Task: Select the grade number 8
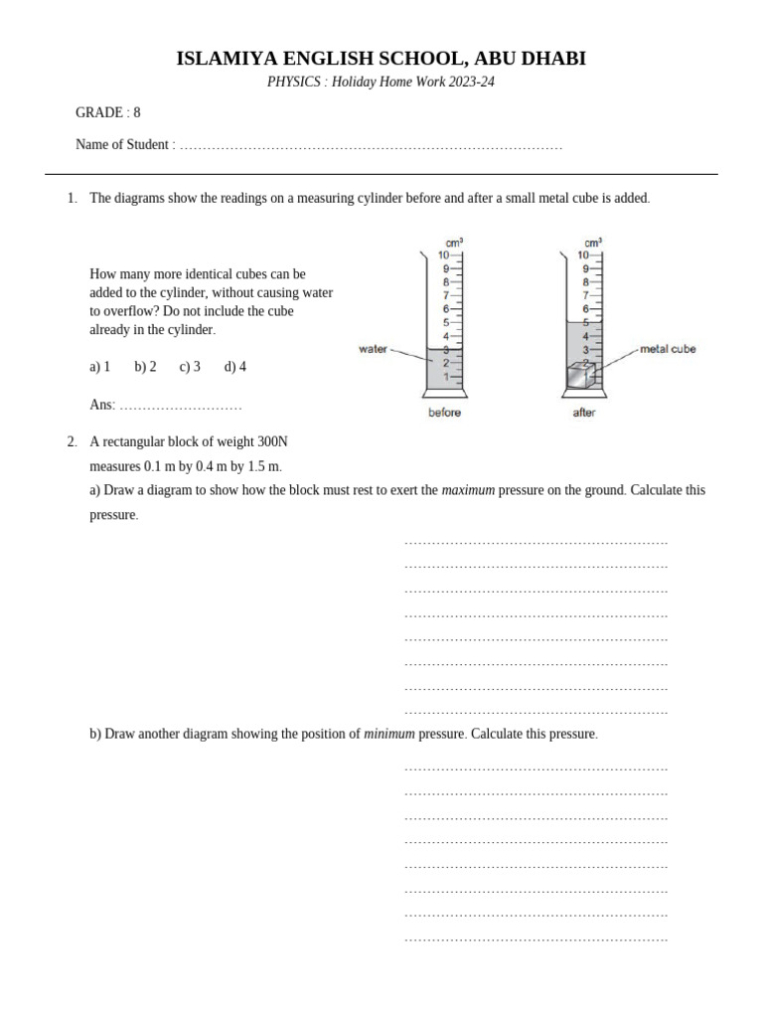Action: [x=137, y=112]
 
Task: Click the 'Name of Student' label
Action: [x=122, y=144]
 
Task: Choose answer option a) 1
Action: [x=100, y=367]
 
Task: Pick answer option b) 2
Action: [x=145, y=367]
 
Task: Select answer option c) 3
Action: [x=190, y=367]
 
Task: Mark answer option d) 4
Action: [x=235, y=367]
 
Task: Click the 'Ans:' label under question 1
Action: [x=102, y=405]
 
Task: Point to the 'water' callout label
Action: [x=372, y=349]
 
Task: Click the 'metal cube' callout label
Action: [x=668, y=349]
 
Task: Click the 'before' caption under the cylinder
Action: [x=444, y=413]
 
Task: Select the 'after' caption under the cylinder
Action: [x=584, y=413]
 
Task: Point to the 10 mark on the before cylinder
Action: [x=444, y=255]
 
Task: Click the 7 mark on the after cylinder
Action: [x=586, y=295]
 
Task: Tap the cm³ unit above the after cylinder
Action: [x=593, y=242]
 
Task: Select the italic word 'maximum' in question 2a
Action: [x=468, y=490]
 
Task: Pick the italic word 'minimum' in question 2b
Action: [x=389, y=734]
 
